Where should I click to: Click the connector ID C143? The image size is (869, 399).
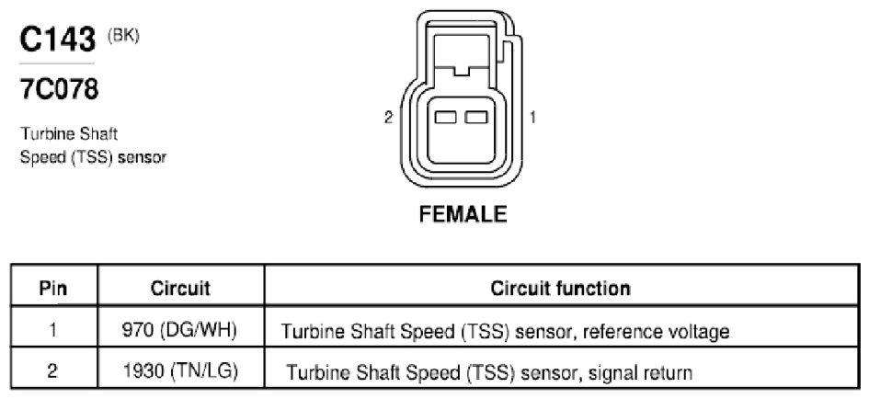(x=58, y=40)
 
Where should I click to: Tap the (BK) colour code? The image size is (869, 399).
(x=123, y=36)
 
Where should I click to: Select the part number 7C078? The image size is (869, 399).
(x=59, y=89)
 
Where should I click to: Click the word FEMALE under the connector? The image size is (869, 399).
(x=463, y=214)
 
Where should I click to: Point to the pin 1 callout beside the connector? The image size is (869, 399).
(x=532, y=118)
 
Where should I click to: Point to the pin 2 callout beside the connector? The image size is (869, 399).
(x=388, y=118)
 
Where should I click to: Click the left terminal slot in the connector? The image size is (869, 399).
(x=446, y=117)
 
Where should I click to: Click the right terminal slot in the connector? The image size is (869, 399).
(x=476, y=117)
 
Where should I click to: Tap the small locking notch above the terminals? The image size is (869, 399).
(x=461, y=71)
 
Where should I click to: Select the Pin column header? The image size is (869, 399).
(x=53, y=288)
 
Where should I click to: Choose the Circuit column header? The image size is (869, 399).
(x=180, y=288)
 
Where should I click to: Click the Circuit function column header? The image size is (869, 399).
(x=560, y=288)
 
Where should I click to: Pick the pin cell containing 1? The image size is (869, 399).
(x=52, y=330)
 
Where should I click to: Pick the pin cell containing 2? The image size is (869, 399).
(x=52, y=370)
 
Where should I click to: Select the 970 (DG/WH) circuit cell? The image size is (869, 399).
(x=179, y=330)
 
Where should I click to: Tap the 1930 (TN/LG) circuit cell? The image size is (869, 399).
(x=180, y=370)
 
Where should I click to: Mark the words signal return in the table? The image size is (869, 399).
(x=640, y=372)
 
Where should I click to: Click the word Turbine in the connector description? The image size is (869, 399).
(x=48, y=133)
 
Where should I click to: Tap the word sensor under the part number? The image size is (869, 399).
(x=143, y=157)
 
